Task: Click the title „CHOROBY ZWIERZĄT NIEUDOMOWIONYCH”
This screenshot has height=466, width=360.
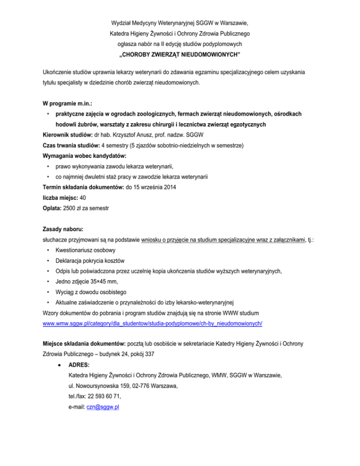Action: (180, 55)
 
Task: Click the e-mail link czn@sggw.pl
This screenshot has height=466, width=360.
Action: (103, 407)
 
